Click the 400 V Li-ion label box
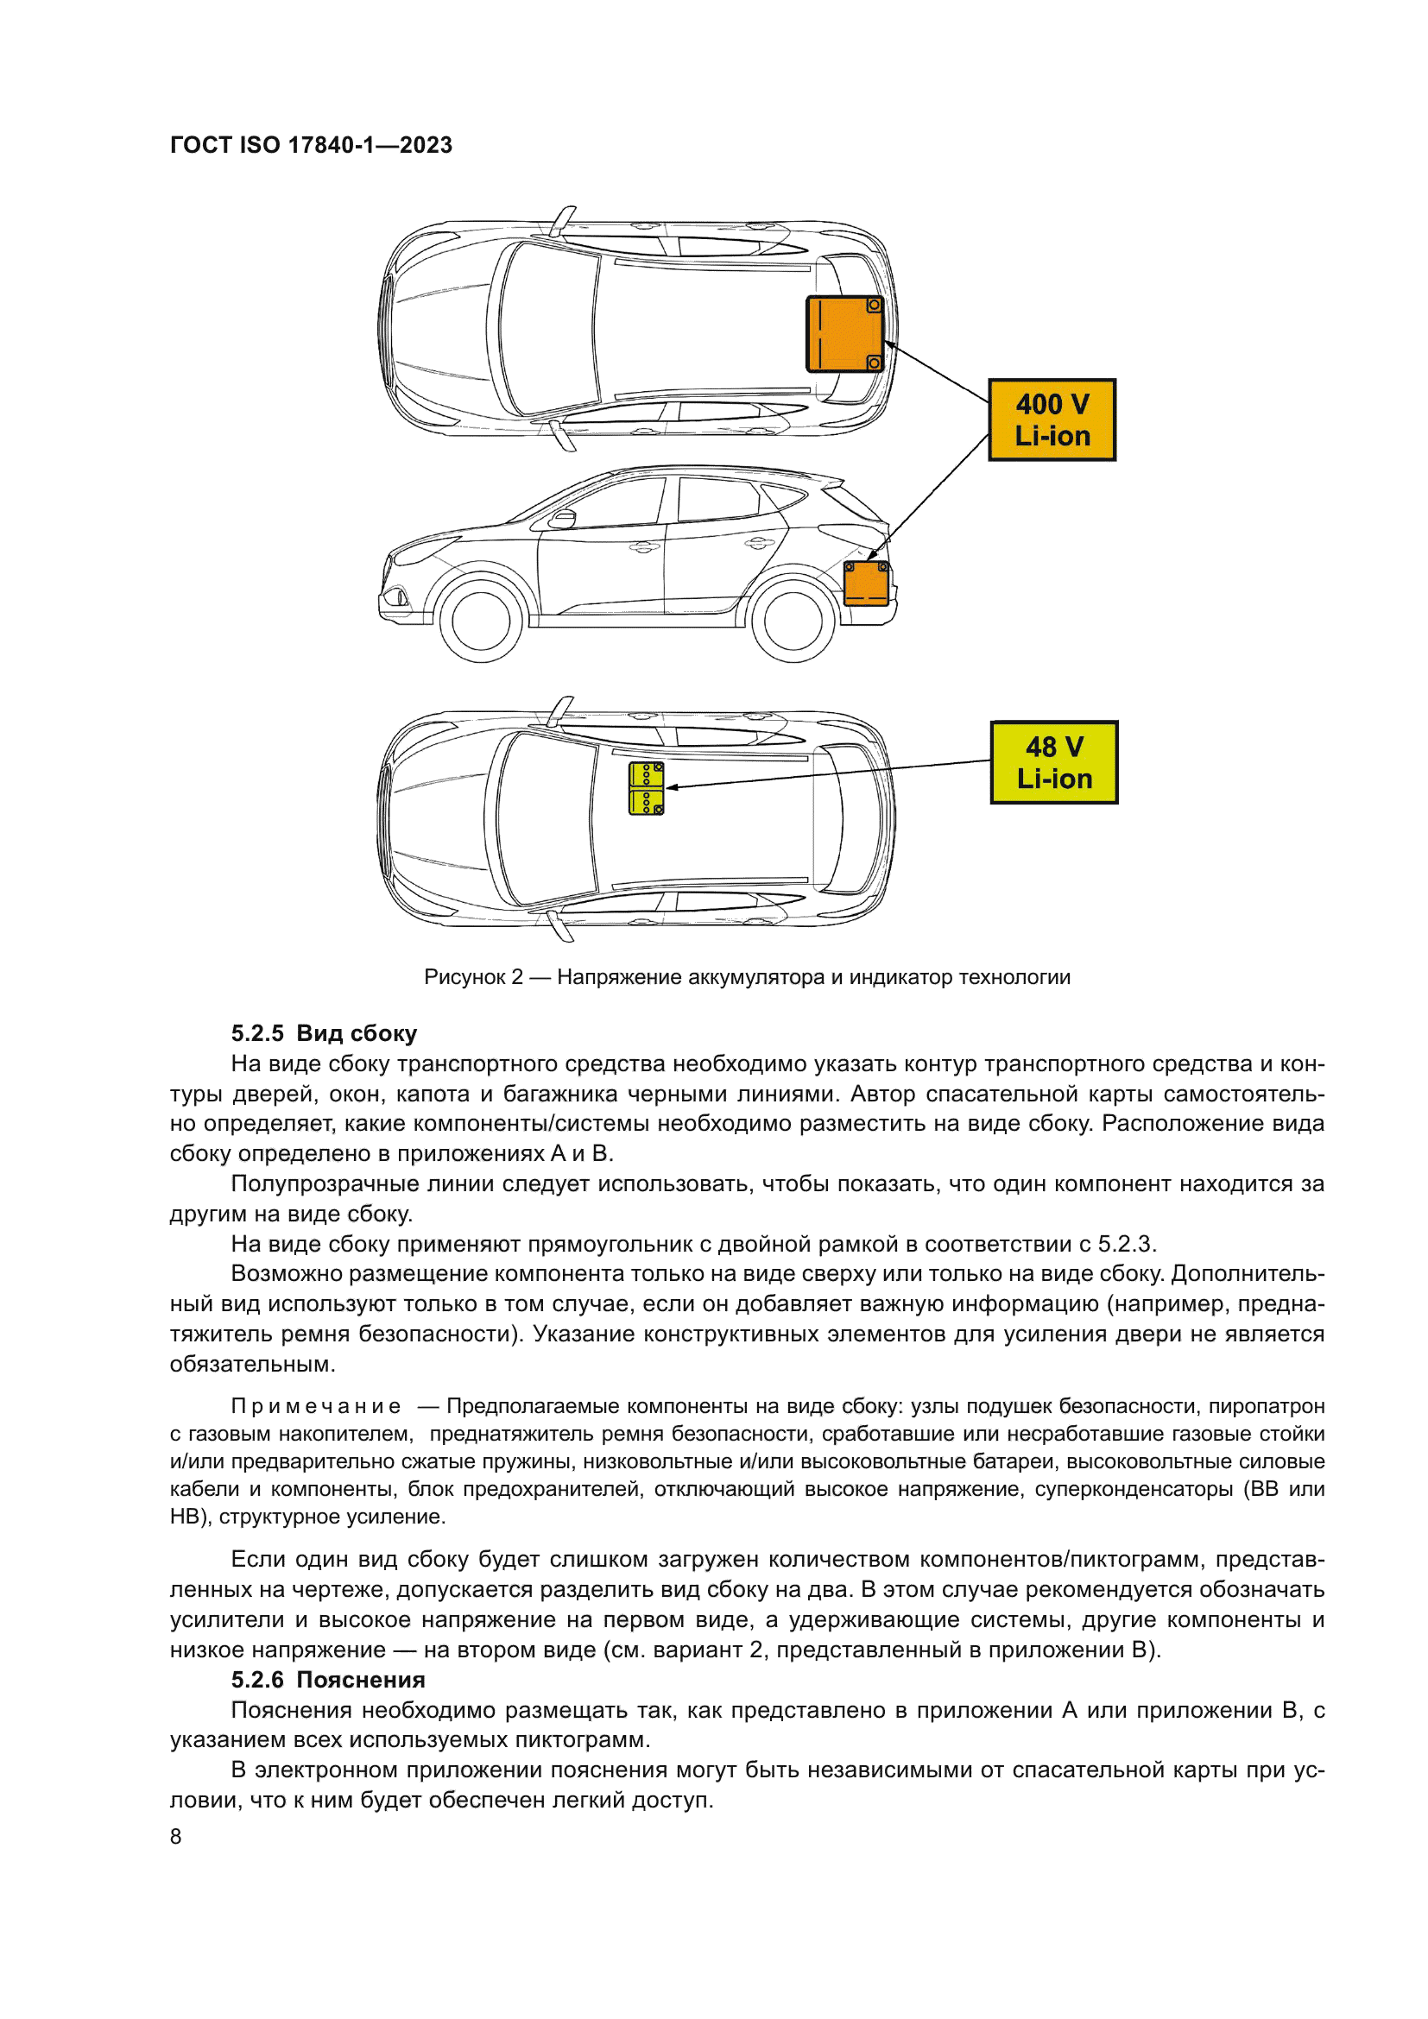pos(1052,420)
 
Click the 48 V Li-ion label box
pos(1054,762)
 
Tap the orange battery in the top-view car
pos(844,334)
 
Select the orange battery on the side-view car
pos(865,584)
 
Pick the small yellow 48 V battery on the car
pos(647,788)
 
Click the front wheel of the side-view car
pos(480,621)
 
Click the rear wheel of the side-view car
pos(793,621)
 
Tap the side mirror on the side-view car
pos(562,518)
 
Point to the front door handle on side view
pos(645,547)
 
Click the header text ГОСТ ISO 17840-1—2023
pos(312,145)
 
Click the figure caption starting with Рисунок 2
pos(747,977)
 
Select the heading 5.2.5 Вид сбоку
pos(324,1033)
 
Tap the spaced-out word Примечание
pos(317,1406)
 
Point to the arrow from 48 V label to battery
pos(836,773)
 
